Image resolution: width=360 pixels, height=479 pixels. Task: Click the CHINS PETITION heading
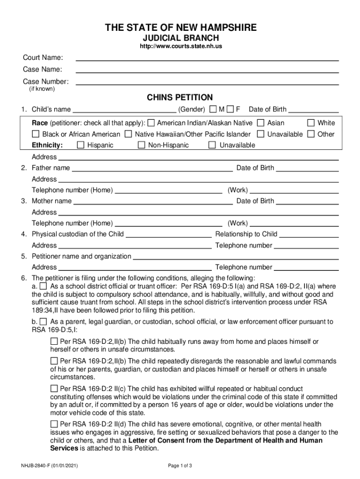click(x=180, y=97)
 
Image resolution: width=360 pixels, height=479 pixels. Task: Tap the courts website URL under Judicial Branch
click(x=180, y=47)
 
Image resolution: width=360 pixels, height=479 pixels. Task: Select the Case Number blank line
click(x=207, y=82)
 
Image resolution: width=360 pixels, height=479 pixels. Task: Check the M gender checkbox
click(x=213, y=109)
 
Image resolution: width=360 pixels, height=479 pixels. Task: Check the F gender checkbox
click(x=230, y=109)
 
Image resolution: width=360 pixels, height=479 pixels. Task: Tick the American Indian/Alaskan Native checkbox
click(x=151, y=123)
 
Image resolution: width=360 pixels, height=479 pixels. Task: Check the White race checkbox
click(x=311, y=123)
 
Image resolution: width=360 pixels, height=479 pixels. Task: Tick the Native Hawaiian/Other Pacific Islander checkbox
click(x=129, y=134)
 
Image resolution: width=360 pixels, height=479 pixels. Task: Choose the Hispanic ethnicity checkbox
click(x=81, y=145)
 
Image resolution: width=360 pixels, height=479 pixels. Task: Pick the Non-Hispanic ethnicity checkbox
click(x=142, y=145)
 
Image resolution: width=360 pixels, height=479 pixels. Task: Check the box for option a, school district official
click(x=43, y=286)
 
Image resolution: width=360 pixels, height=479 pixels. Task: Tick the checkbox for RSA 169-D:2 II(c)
click(x=54, y=389)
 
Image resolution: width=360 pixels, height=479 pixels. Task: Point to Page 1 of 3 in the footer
click(x=180, y=466)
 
